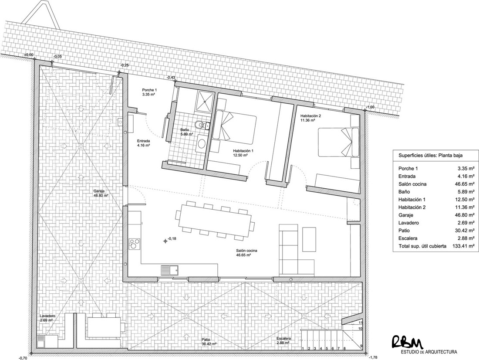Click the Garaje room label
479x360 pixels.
pos(101,193)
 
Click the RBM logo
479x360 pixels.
pos(407,341)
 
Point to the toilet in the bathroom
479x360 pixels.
pos(200,125)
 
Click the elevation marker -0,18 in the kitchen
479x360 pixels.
pos(172,239)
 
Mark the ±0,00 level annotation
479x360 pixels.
pos(28,55)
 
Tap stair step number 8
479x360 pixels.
pos(344,348)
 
